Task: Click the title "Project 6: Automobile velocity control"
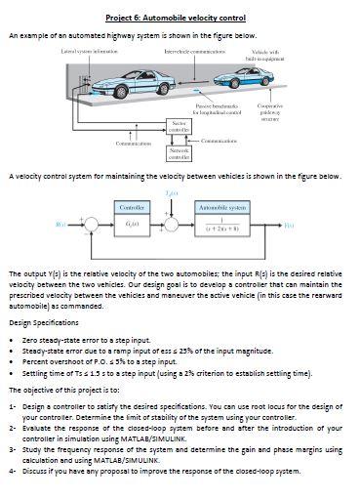[x=180, y=18]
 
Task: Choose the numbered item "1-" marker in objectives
[x=12, y=403]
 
